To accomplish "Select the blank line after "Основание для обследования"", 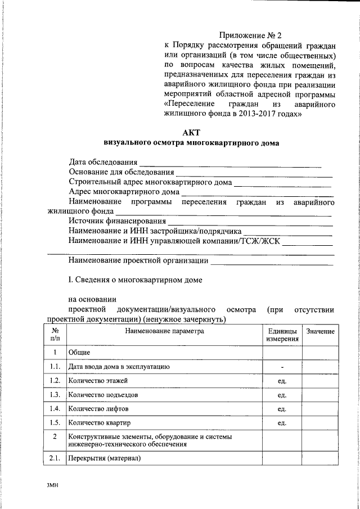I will point(254,174).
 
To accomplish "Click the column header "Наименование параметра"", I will point(163,332).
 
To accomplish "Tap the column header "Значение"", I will point(321,332).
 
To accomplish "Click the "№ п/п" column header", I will point(55,336).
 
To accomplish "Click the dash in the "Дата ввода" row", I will point(282,367).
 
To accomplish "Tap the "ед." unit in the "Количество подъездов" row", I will point(282,395).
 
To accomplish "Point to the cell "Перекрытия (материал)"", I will point(104,458).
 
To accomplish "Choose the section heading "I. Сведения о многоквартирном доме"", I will point(135,279).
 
